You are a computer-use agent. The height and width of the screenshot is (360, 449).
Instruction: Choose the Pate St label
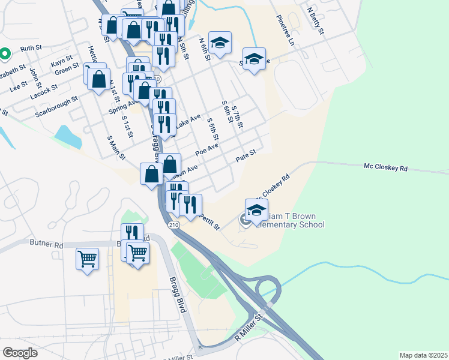coord(246,155)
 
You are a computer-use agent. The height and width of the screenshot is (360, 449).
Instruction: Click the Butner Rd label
coord(46,244)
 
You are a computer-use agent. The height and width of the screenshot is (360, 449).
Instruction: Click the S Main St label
coord(115,147)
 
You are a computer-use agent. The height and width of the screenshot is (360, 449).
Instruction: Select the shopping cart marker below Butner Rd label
coord(88,259)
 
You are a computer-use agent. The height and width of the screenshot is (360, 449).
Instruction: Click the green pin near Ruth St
coord(4,54)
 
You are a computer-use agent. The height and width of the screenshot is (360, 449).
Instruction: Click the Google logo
coord(20,352)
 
